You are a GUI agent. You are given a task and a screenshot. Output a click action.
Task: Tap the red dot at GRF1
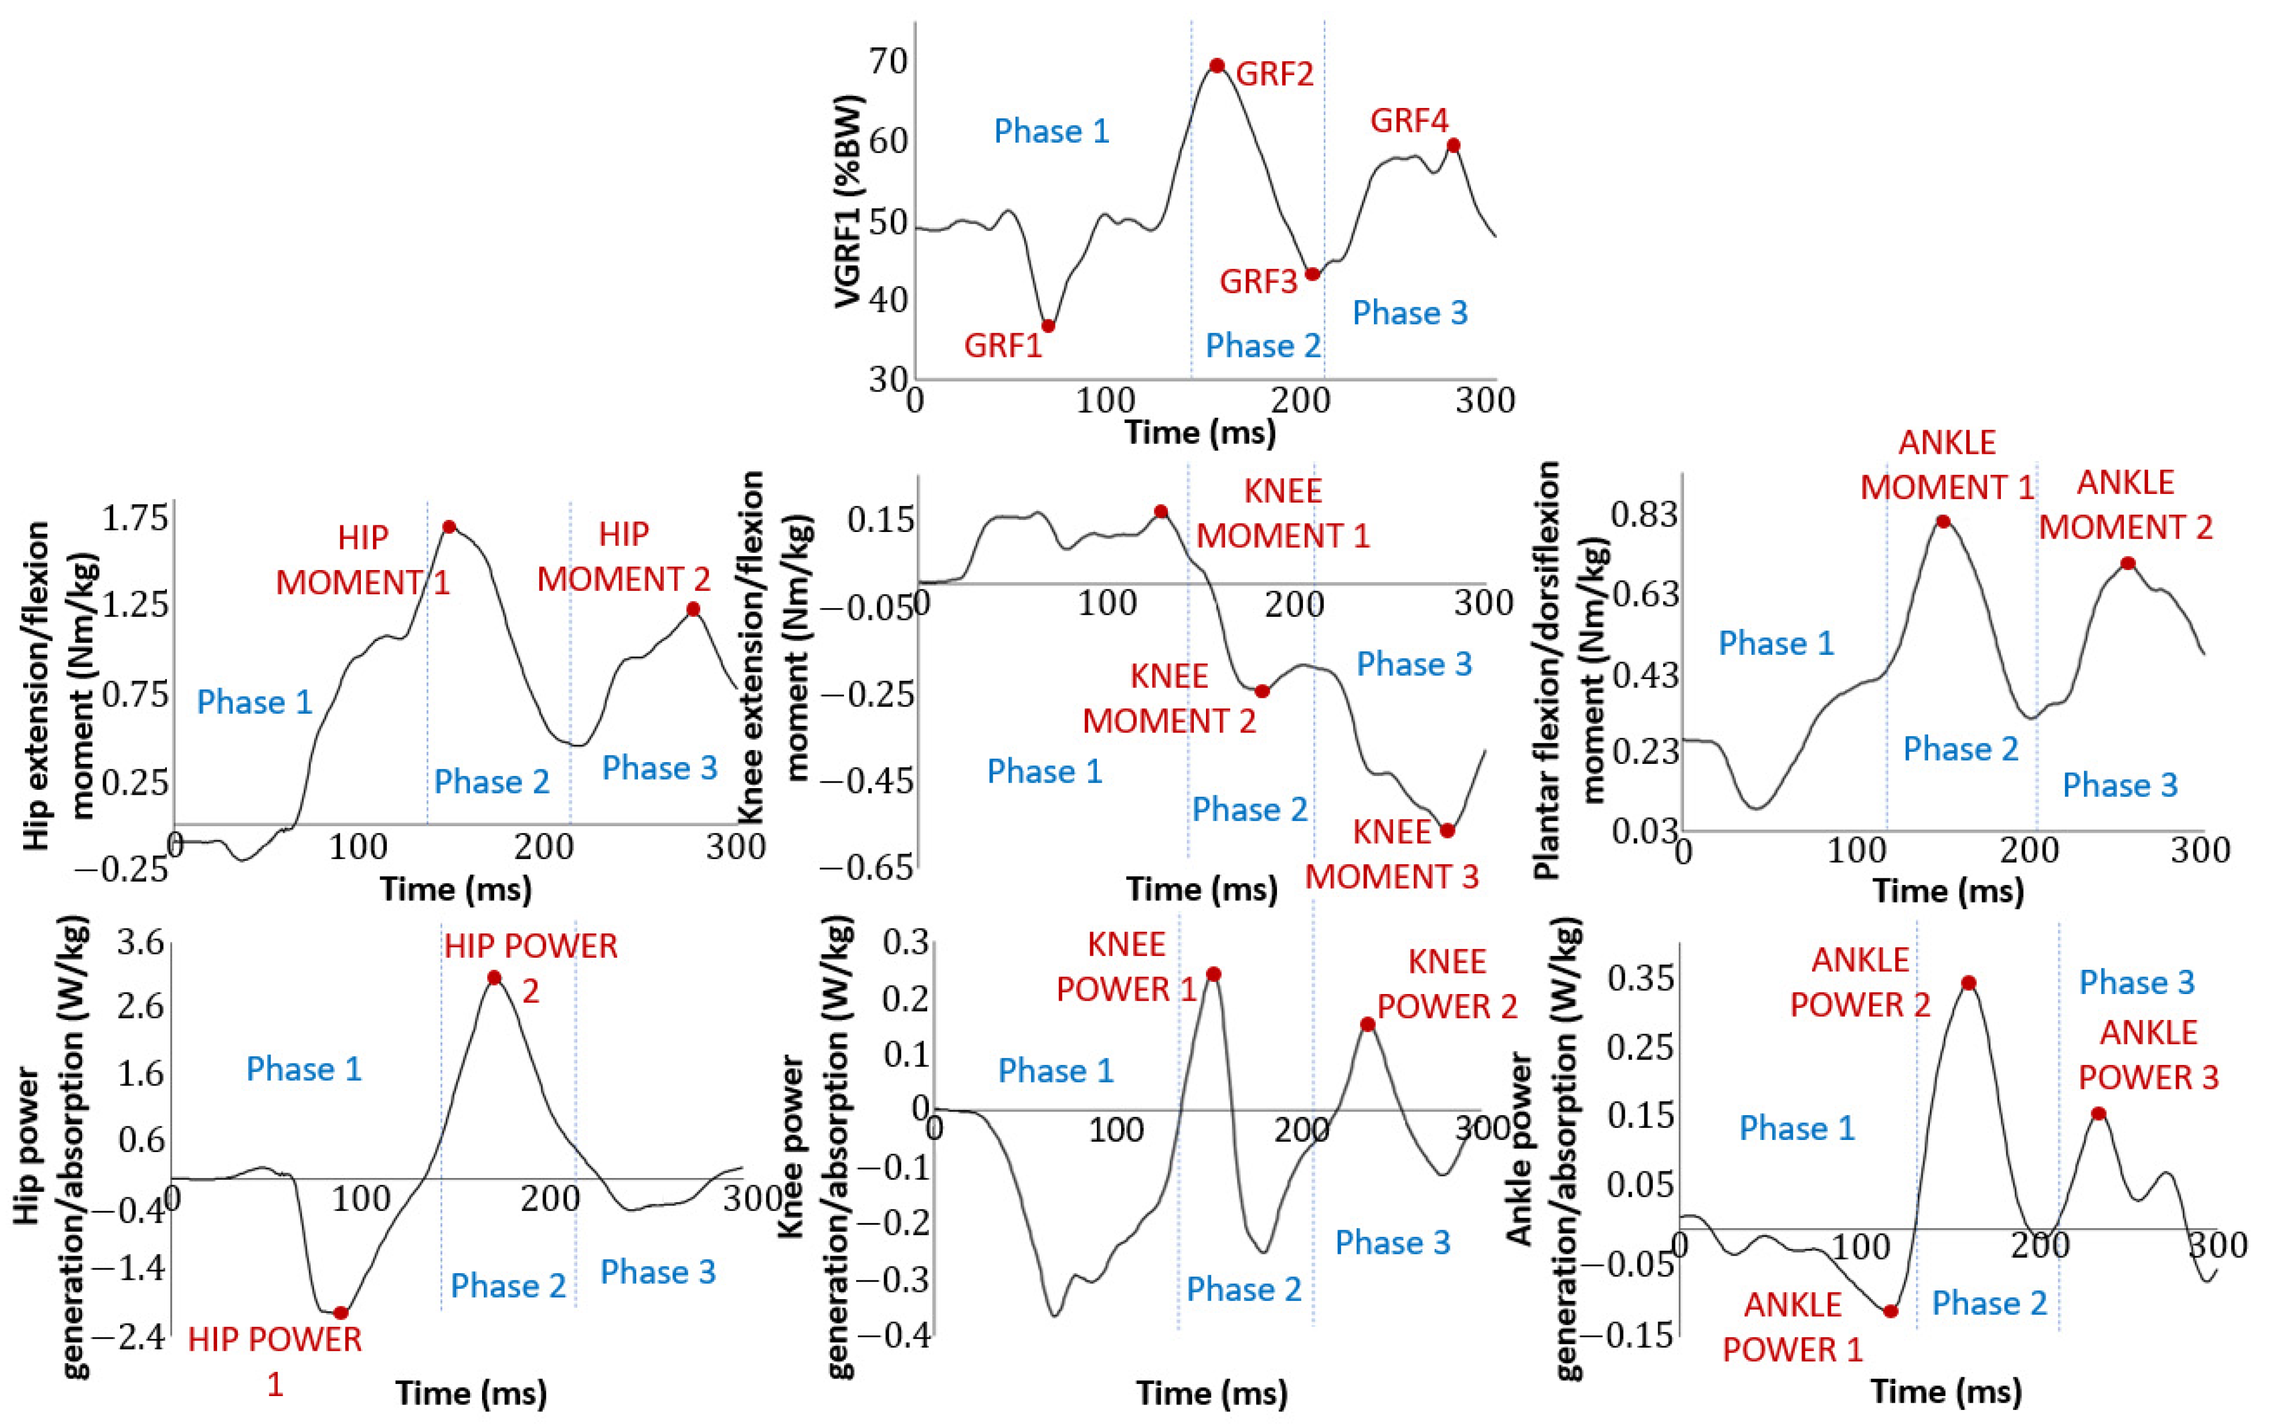[x=1047, y=325]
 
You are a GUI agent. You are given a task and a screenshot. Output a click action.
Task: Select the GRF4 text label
[x=1409, y=121]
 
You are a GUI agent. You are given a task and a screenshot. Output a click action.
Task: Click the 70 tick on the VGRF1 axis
[x=888, y=61]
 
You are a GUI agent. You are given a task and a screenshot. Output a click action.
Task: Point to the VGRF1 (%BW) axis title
[x=849, y=202]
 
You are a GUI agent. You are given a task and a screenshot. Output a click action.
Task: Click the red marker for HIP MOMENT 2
[x=694, y=609]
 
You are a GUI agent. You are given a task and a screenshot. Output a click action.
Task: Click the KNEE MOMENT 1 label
[x=1283, y=513]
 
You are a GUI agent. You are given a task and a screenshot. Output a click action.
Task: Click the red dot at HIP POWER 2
[x=494, y=977]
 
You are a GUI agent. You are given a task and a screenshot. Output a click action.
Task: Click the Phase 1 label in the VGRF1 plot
[x=1052, y=131]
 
